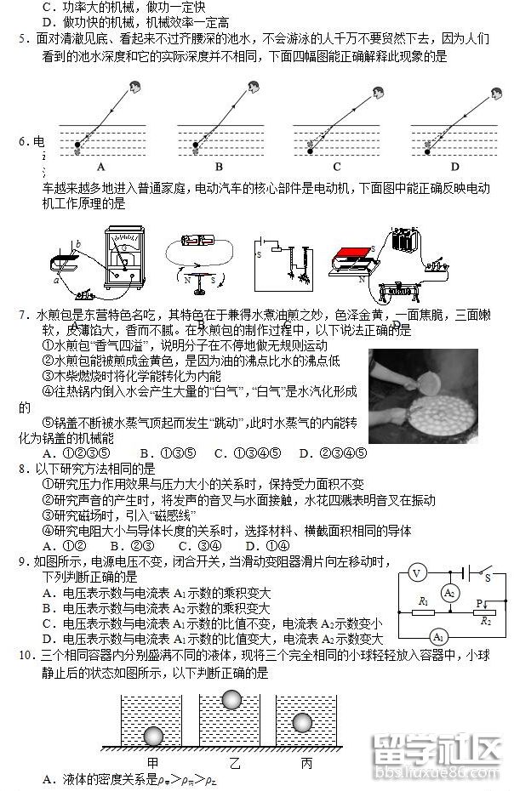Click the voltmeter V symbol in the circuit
[x=416, y=573]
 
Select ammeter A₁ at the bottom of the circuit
[x=439, y=637]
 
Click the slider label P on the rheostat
[x=480, y=603]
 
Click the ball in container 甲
[x=153, y=736]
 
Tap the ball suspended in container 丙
[x=304, y=722]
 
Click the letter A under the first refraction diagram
[x=100, y=167]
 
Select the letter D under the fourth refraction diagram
[x=454, y=167]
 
